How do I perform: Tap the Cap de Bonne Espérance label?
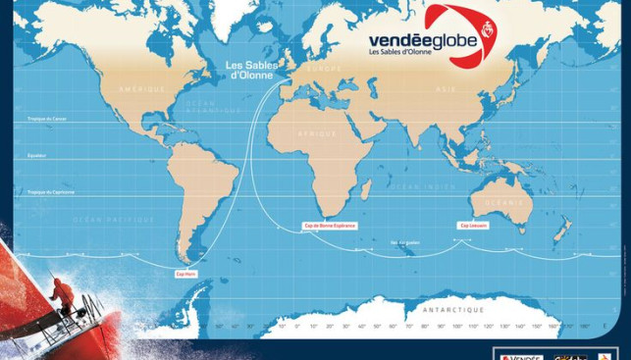[x=330, y=226]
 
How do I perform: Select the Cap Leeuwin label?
[x=471, y=226]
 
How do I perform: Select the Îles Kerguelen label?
[x=404, y=242]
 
